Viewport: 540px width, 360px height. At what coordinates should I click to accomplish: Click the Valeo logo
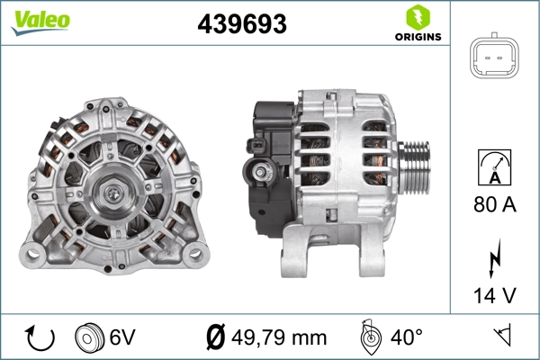click(40, 20)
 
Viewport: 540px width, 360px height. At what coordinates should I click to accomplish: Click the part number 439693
click(241, 24)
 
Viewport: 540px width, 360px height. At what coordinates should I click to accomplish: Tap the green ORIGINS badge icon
click(416, 16)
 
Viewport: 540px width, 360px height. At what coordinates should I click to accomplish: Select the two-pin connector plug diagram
click(495, 59)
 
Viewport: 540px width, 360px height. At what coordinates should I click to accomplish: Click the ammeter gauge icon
click(495, 166)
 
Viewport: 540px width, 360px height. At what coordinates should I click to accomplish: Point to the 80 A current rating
click(495, 205)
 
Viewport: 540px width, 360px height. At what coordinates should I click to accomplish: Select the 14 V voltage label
click(495, 295)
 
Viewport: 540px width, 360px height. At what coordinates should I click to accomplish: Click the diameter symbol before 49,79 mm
click(216, 337)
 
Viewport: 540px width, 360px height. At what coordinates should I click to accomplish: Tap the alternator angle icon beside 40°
click(368, 337)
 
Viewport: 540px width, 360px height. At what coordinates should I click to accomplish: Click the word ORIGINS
click(416, 38)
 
